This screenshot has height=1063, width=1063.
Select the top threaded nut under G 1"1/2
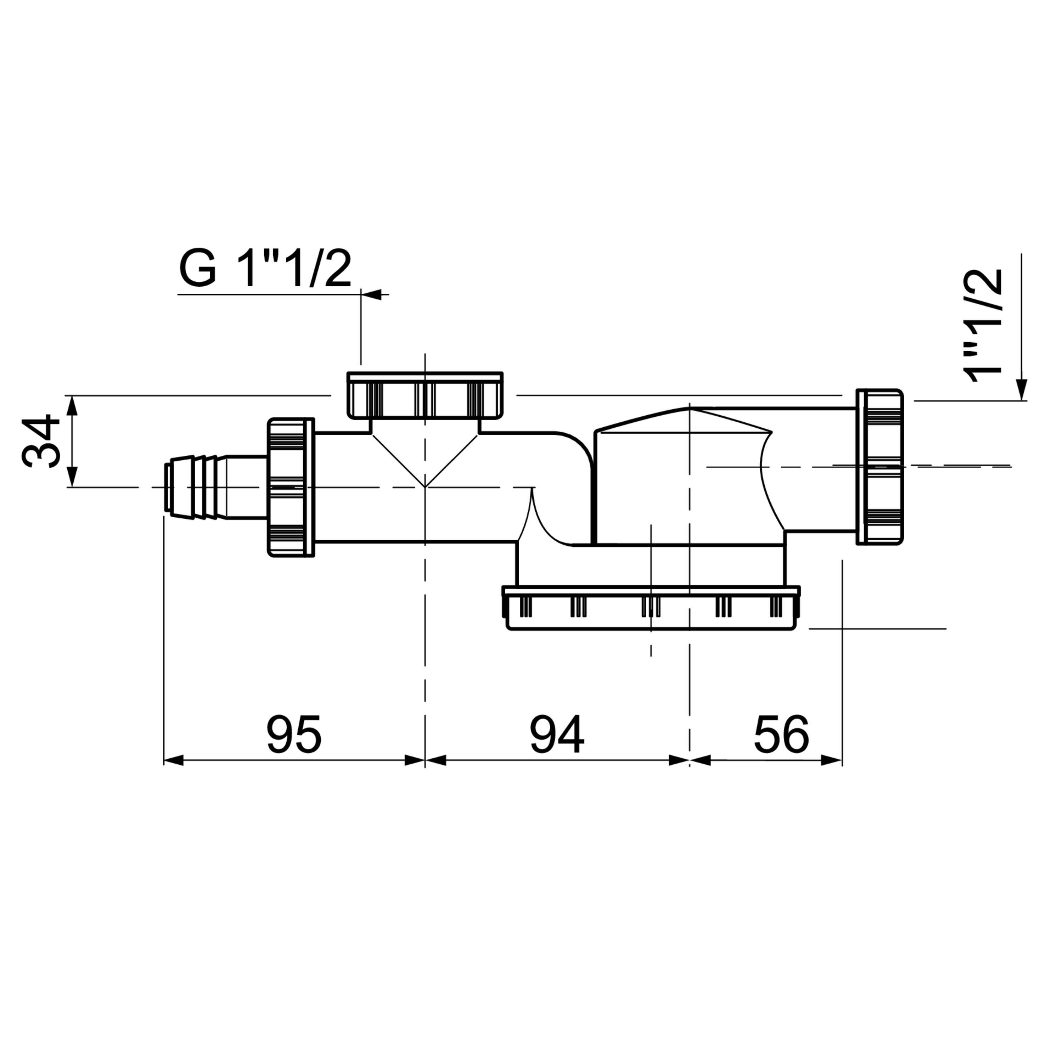pyautogui.click(x=425, y=394)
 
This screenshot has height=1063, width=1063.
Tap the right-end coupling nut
pyautogui.click(x=879, y=467)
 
